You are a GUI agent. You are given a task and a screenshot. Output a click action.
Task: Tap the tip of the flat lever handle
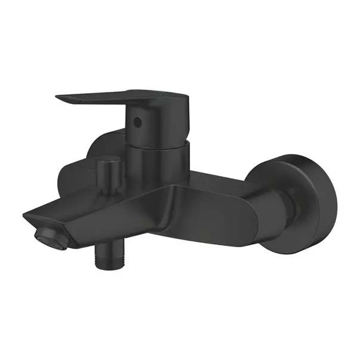[59, 96]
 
